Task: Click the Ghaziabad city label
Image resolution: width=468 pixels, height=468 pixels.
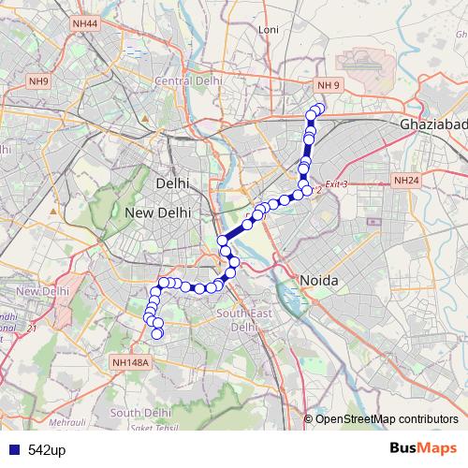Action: click(432, 124)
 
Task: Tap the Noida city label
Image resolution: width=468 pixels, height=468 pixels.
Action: click(317, 281)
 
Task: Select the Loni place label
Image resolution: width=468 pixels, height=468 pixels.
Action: click(269, 30)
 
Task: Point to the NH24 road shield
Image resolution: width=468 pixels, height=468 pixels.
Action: click(407, 180)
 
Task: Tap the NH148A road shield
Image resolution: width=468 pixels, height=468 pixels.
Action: click(129, 361)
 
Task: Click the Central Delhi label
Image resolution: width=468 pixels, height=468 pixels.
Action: click(188, 81)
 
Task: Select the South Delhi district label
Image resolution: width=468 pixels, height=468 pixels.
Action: click(140, 412)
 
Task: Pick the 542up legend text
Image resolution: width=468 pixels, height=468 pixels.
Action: click(47, 450)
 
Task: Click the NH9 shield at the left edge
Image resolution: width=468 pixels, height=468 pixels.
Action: click(38, 81)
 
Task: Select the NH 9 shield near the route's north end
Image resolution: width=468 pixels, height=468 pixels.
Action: click(329, 86)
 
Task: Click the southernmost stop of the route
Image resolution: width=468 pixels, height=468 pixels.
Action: click(157, 333)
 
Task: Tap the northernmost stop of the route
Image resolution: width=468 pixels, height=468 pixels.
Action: click(318, 110)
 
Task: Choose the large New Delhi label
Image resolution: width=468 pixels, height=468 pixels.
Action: click(157, 213)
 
